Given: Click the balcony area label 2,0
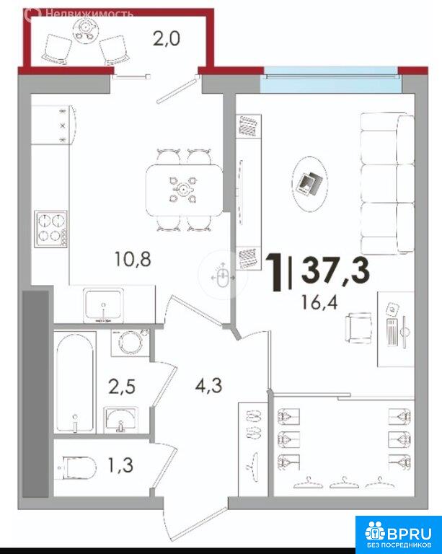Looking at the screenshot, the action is pos(167,38).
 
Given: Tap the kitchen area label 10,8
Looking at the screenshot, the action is pos(133,259).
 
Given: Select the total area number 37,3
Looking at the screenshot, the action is pos(335,271).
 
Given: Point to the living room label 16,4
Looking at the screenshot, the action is pos(319,302).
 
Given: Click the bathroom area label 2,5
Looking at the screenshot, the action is pos(122,386).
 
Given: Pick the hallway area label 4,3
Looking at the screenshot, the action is pos(208,385).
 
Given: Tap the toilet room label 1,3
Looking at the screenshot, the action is pos(120,465).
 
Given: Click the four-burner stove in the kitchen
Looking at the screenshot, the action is pos(51,229).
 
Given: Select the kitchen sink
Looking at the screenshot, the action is pos(103,305).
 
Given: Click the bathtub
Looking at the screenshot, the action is pos(74,382).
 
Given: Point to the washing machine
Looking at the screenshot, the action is pos(130,342).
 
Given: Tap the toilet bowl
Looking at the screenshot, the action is pos(79,467).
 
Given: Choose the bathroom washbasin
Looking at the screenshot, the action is pos(120,420).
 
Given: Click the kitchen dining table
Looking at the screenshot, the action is pos(184,190).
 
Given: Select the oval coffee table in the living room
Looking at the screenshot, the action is pos(310,184).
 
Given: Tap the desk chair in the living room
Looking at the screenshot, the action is pos(358,328).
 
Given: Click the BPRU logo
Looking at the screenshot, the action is pos(398,535).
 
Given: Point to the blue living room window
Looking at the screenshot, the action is pos(332,79).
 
